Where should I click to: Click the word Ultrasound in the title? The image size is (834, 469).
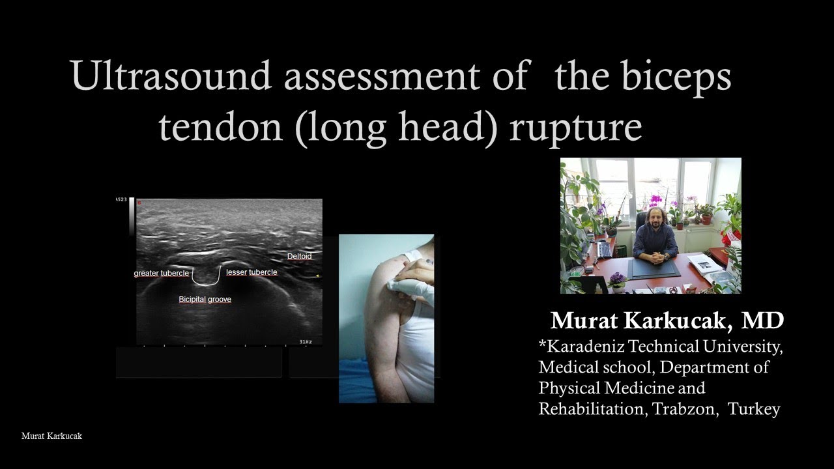[x=171, y=76]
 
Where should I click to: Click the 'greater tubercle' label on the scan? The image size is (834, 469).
[x=161, y=274]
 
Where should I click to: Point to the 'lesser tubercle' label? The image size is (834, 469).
[x=252, y=272]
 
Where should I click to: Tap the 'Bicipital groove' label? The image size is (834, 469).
[x=205, y=300]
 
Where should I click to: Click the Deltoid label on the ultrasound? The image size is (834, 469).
[x=299, y=257]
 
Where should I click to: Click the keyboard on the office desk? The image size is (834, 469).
[x=604, y=249]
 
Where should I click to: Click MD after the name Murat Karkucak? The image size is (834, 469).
[x=763, y=320]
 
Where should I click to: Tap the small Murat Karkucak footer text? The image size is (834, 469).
[x=51, y=436]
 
